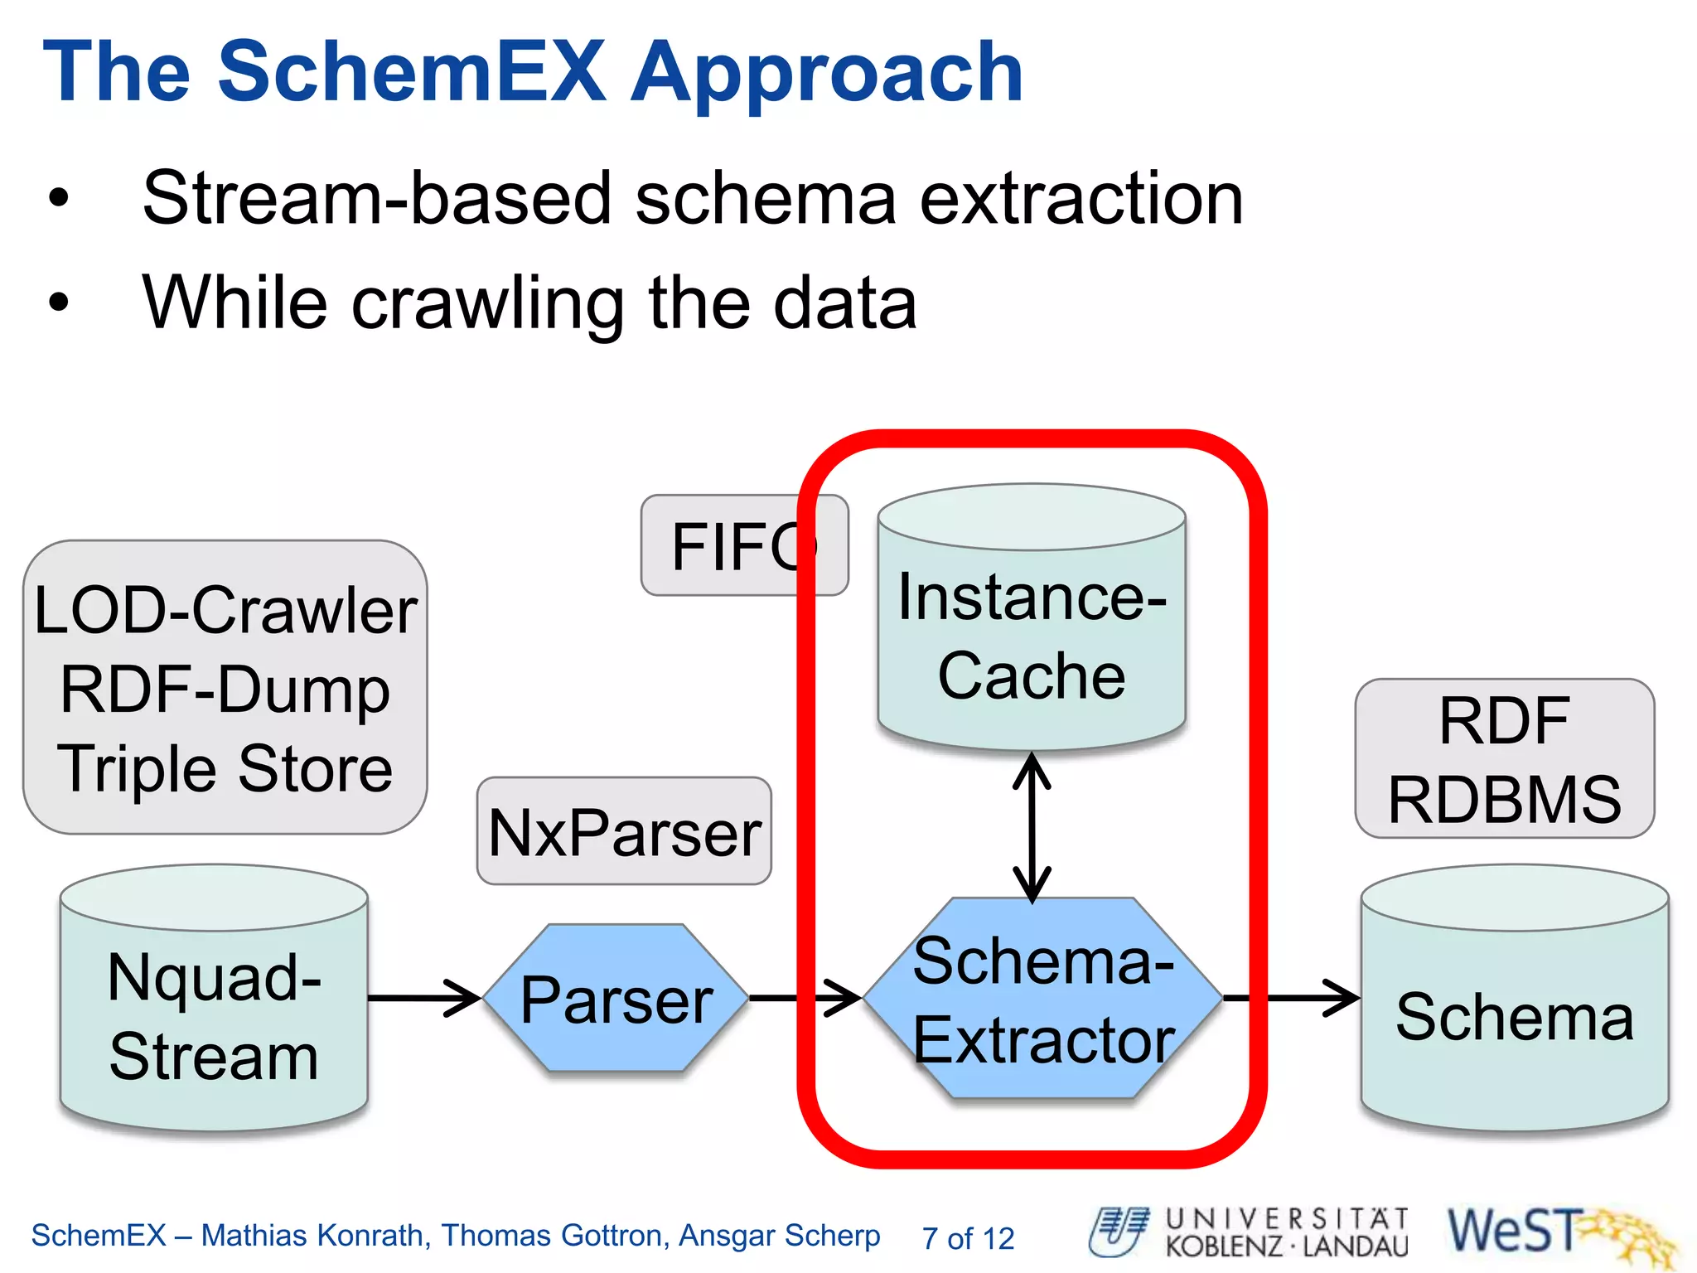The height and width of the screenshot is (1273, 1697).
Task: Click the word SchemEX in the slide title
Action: coord(412,72)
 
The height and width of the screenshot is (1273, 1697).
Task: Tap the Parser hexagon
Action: coord(616,999)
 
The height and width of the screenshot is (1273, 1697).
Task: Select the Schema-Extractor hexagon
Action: coord(1042,999)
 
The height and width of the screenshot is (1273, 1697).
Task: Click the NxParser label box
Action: coord(624,831)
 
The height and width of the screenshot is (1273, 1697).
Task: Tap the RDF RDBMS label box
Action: coord(1504,758)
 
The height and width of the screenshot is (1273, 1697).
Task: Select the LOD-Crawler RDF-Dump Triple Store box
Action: coord(225,688)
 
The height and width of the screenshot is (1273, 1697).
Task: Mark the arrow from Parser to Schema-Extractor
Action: coord(804,998)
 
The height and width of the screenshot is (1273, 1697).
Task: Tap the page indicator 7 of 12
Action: coord(968,1238)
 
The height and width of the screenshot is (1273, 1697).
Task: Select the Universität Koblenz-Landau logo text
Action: coord(1286,1233)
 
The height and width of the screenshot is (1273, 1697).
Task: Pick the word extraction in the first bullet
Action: coord(1081,199)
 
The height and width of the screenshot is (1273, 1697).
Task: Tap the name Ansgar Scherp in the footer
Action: coord(779,1235)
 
